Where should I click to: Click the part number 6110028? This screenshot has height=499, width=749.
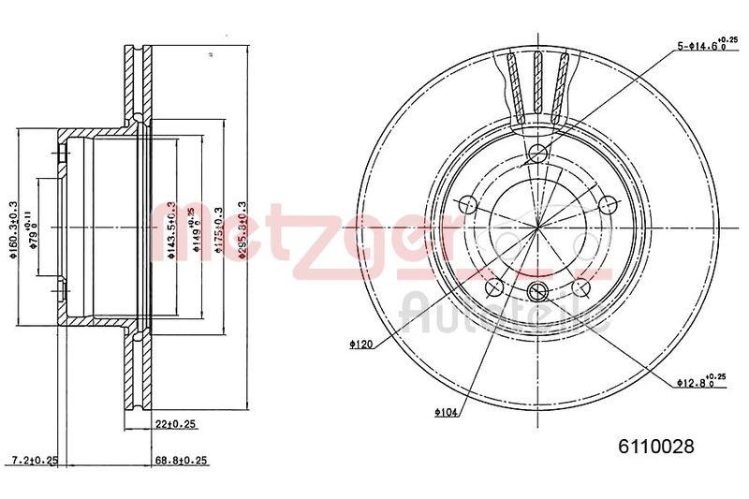[656, 447]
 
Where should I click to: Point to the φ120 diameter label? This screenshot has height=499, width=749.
[361, 345]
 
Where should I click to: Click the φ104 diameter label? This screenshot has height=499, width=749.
[447, 411]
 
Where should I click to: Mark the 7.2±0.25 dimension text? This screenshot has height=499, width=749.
[33, 460]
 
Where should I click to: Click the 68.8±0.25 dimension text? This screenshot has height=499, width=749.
[181, 460]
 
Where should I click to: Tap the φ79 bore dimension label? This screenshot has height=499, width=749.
[31, 225]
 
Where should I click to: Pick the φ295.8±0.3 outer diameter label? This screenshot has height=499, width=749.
[242, 229]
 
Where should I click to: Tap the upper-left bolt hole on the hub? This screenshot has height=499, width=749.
[467, 205]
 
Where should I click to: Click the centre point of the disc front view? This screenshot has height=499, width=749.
[536, 227]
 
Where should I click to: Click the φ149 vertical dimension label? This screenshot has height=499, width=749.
[193, 228]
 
